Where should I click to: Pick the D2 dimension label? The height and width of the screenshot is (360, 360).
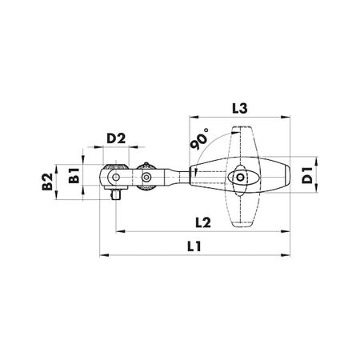118,138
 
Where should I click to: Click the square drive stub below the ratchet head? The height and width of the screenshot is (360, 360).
117,194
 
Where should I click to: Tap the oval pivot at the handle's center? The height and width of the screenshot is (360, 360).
242,177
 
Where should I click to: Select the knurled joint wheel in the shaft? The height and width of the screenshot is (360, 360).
146,177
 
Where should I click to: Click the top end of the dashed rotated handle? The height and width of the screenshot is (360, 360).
241,131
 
